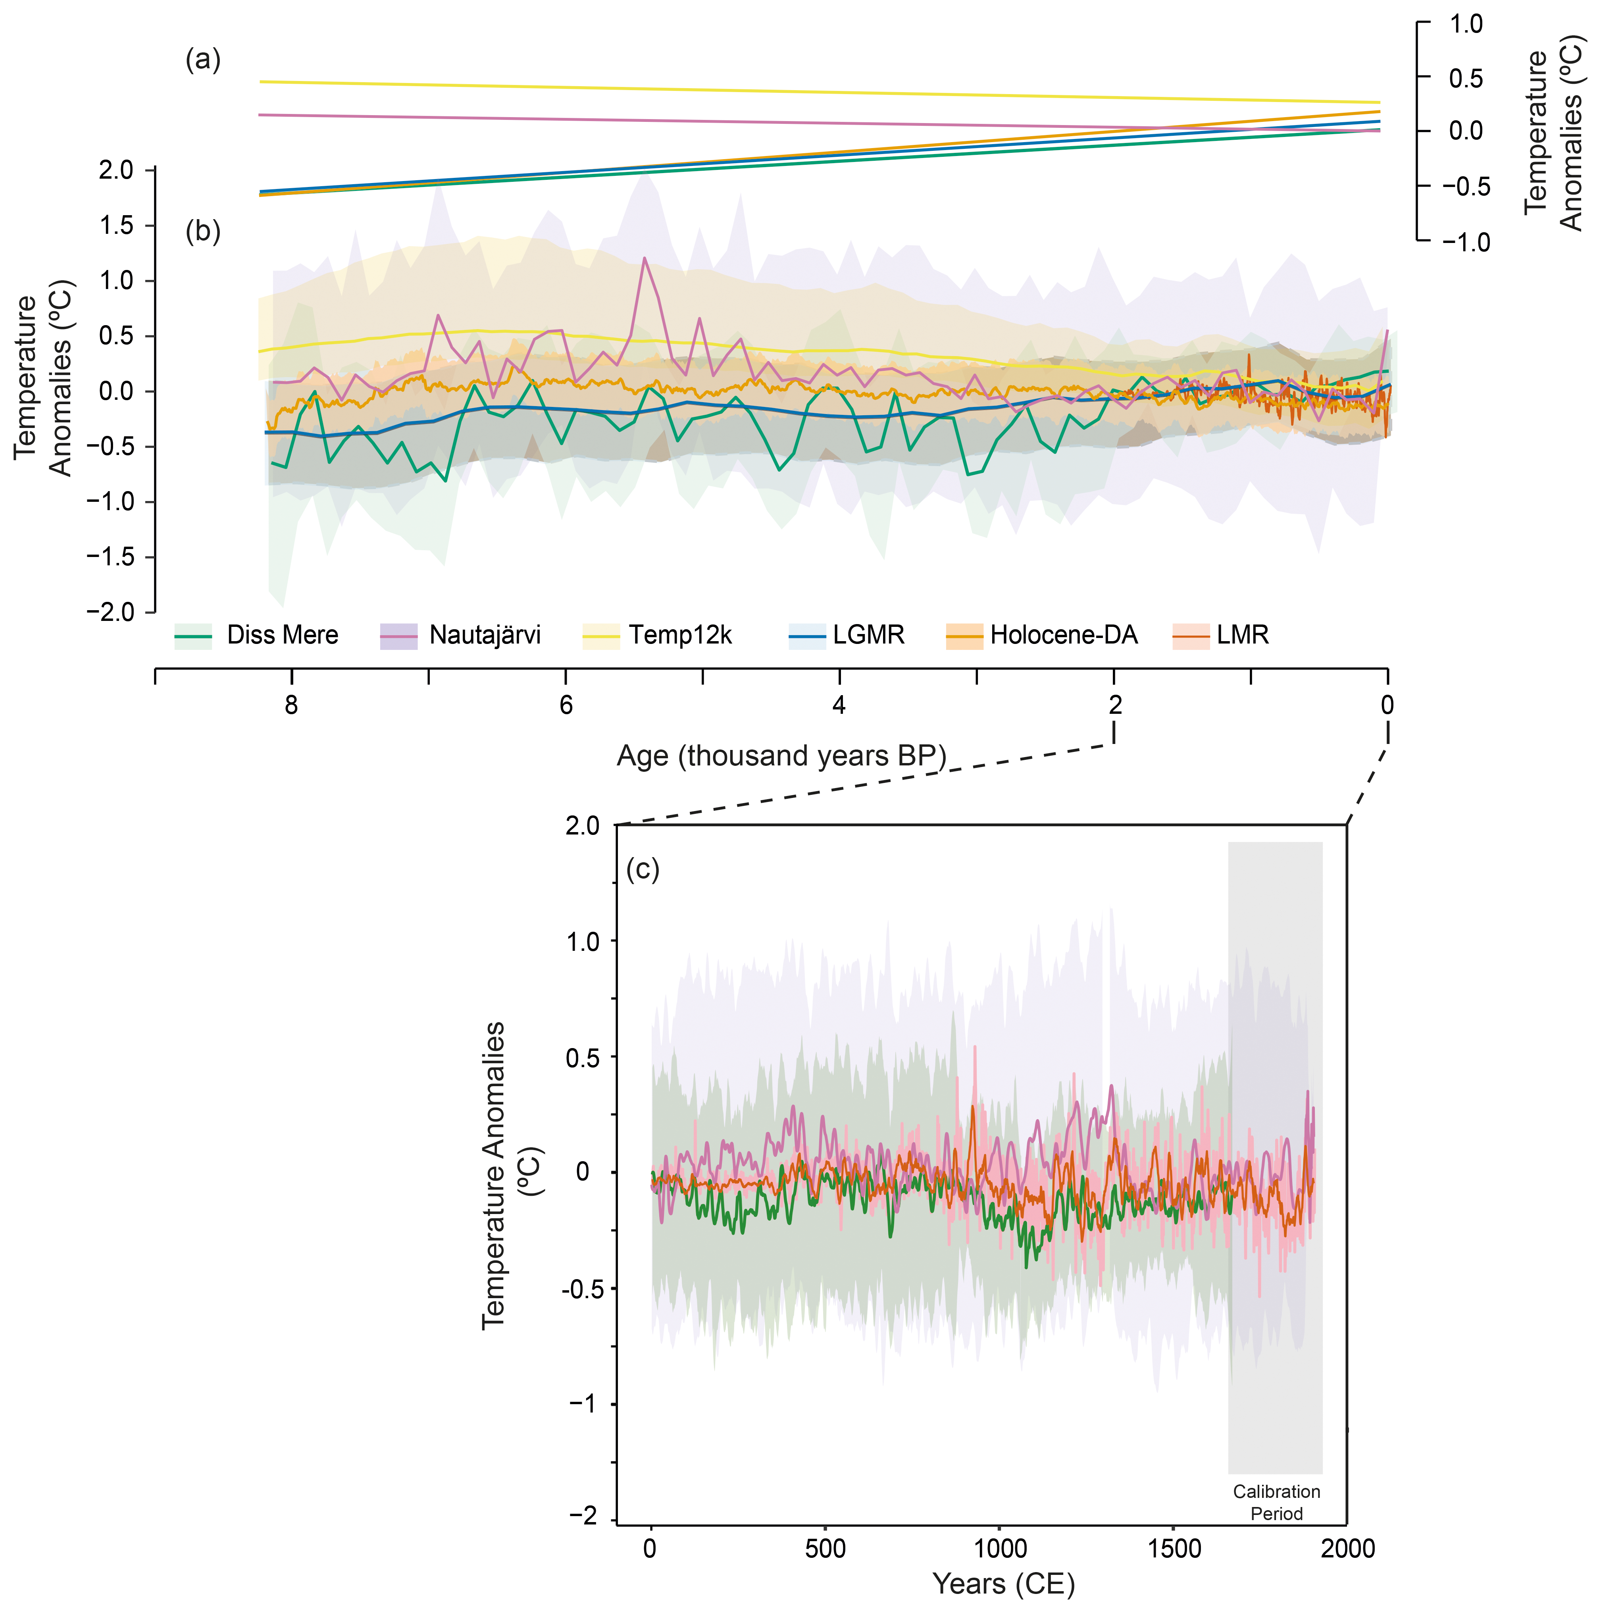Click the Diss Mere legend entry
point(256,635)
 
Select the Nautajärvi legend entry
point(460,635)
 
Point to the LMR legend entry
point(1220,635)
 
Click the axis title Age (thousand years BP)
point(781,755)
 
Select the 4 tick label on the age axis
point(839,705)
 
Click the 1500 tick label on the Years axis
point(1174,1549)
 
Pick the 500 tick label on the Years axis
point(826,1549)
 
